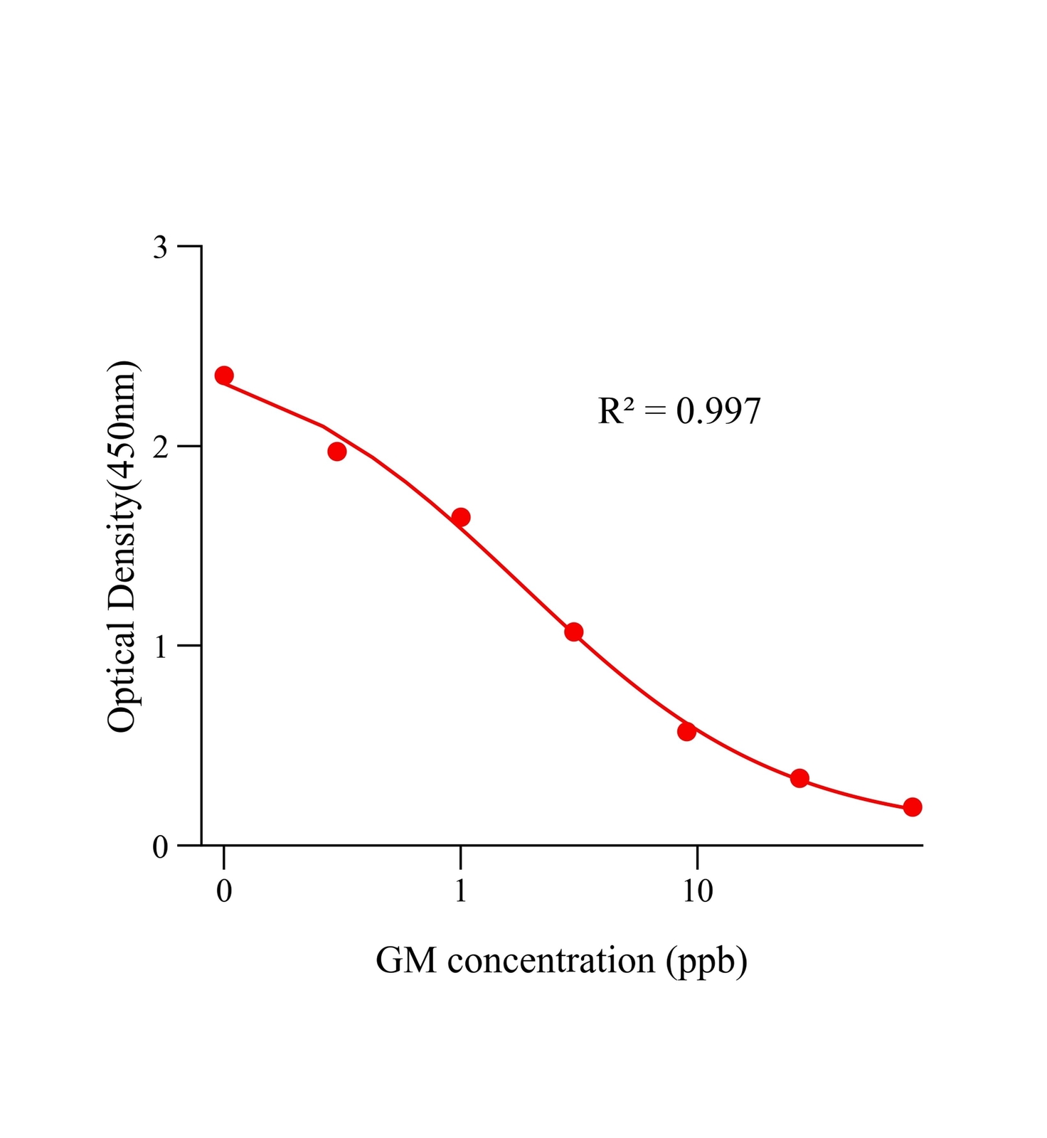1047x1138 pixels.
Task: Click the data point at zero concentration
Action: pos(224,376)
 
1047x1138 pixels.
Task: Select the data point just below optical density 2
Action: pos(337,452)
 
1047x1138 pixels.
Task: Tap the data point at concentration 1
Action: pos(460,517)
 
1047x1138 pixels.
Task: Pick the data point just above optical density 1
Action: pos(574,632)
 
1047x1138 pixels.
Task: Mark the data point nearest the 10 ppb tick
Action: pos(686,731)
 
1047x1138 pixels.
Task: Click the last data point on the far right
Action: pos(913,807)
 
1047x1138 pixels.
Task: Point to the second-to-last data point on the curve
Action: pos(799,778)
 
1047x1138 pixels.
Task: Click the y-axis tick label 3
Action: pos(161,248)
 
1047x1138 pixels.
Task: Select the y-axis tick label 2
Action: pos(161,447)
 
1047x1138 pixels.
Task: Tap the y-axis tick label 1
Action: pos(161,647)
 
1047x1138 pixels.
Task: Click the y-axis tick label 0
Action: pos(161,847)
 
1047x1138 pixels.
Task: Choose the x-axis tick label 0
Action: pos(224,891)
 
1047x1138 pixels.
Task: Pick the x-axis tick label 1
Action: pos(461,891)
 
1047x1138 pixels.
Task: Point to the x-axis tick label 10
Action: pos(698,891)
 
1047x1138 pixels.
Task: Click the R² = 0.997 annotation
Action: pos(679,411)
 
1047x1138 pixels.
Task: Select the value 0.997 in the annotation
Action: pos(718,412)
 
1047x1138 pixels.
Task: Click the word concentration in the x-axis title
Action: pos(551,961)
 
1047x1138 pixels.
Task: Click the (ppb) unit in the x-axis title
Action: pos(707,962)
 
